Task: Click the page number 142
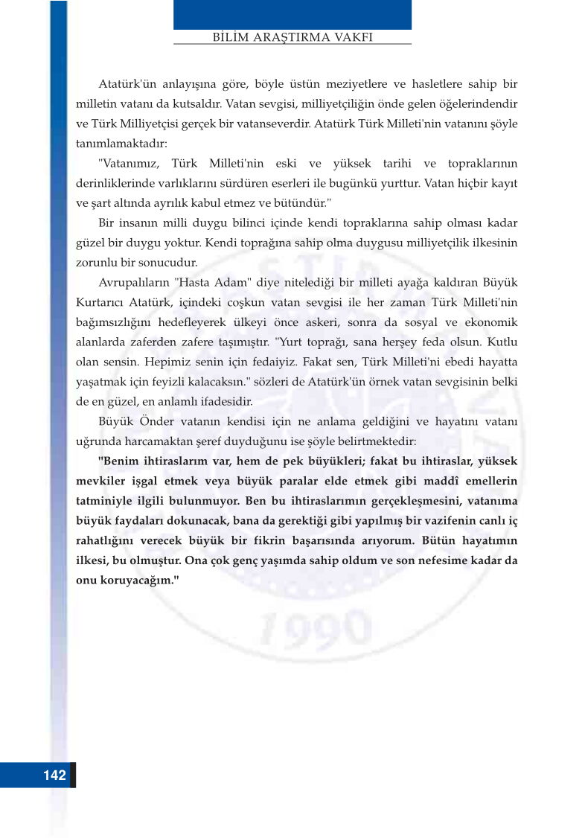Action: pos(54,775)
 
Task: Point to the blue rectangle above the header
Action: pos(292,14)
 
